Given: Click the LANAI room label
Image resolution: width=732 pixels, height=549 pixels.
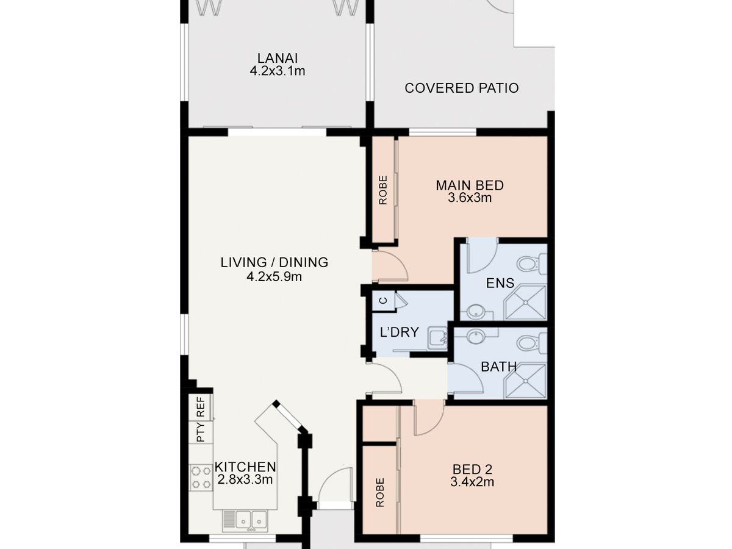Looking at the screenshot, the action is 277,59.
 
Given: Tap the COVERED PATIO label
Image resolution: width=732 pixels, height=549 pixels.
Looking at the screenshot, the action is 462,88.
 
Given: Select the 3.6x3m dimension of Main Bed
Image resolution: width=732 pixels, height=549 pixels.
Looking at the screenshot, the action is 470,198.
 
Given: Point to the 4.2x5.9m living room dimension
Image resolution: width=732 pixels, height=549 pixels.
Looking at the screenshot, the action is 274,277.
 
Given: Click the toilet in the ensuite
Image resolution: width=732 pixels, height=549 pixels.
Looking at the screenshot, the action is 531,264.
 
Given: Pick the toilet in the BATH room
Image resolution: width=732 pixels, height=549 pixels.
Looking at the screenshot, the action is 531,343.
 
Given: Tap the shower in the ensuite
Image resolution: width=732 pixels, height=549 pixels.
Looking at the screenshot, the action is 525,303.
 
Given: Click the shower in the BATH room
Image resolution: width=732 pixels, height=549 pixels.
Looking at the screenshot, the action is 525,381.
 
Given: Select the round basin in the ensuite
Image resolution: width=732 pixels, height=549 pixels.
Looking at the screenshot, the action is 476,312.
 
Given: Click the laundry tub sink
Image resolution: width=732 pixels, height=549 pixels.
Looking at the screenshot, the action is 437,338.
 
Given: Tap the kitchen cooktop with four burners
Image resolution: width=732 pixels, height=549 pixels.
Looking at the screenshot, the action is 201,478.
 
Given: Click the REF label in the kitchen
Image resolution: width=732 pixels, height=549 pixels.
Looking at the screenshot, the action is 201,407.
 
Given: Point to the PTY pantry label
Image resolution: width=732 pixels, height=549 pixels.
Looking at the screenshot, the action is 201,432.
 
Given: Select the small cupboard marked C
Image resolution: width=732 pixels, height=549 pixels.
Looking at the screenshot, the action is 384,300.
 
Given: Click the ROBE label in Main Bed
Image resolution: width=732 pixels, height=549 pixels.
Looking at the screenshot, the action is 383,190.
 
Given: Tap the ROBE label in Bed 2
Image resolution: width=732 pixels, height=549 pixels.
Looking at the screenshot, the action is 380,493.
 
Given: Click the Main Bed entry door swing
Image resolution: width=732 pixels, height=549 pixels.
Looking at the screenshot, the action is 390,266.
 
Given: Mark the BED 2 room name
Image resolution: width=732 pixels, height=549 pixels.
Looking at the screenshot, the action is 472,469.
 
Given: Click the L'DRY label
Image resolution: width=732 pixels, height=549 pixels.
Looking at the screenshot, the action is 399,332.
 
